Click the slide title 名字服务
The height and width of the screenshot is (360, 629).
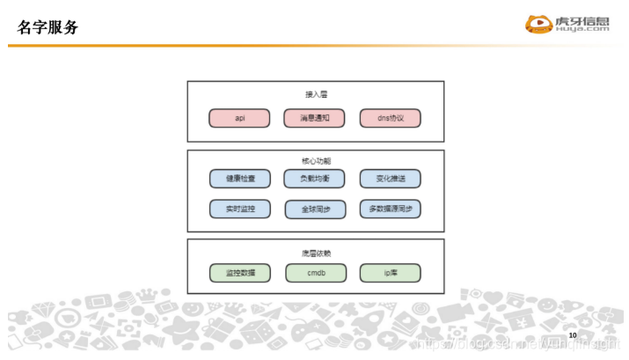[x=48, y=27]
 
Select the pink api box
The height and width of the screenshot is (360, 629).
[x=239, y=118]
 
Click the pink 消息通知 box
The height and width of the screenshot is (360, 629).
[x=315, y=118]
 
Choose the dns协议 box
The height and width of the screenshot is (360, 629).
[x=390, y=118]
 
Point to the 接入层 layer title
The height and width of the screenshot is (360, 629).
[x=315, y=93]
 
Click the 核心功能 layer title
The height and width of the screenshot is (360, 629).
[x=315, y=161]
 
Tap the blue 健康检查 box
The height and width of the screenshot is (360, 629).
[x=239, y=179]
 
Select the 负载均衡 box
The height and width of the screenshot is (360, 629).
[x=315, y=179]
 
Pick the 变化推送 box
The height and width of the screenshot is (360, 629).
[x=390, y=179]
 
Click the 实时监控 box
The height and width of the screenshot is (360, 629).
[x=239, y=209]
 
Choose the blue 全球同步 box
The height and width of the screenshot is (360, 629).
[x=315, y=209]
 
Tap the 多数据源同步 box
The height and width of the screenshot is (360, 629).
[x=390, y=209]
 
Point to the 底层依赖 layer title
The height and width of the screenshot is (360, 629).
[x=315, y=253]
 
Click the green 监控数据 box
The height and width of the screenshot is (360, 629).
[x=239, y=273]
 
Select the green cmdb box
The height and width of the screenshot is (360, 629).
[x=315, y=273]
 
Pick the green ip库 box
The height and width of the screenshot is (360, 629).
[x=390, y=273]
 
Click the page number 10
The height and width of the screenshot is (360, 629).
[x=573, y=335]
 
